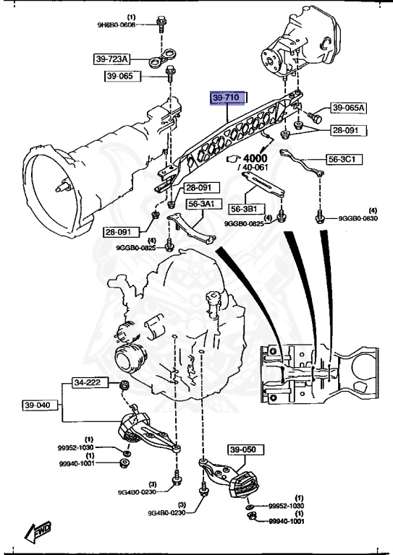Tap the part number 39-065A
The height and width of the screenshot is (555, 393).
[350, 108]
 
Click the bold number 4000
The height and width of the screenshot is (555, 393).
[255, 158]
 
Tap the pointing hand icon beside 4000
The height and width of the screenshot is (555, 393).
[232, 158]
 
